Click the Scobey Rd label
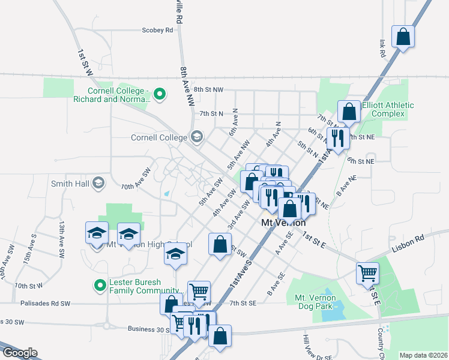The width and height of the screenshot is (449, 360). coord(157,29)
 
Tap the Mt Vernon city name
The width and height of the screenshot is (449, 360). coord(284,222)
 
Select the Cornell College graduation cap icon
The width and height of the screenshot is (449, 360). coord(196,137)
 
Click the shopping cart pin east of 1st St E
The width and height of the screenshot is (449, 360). coord(367,273)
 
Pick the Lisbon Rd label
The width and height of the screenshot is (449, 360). coord(412,238)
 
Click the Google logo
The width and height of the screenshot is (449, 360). coord(19,353)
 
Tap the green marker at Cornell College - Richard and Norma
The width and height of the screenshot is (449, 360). coord(160,94)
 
